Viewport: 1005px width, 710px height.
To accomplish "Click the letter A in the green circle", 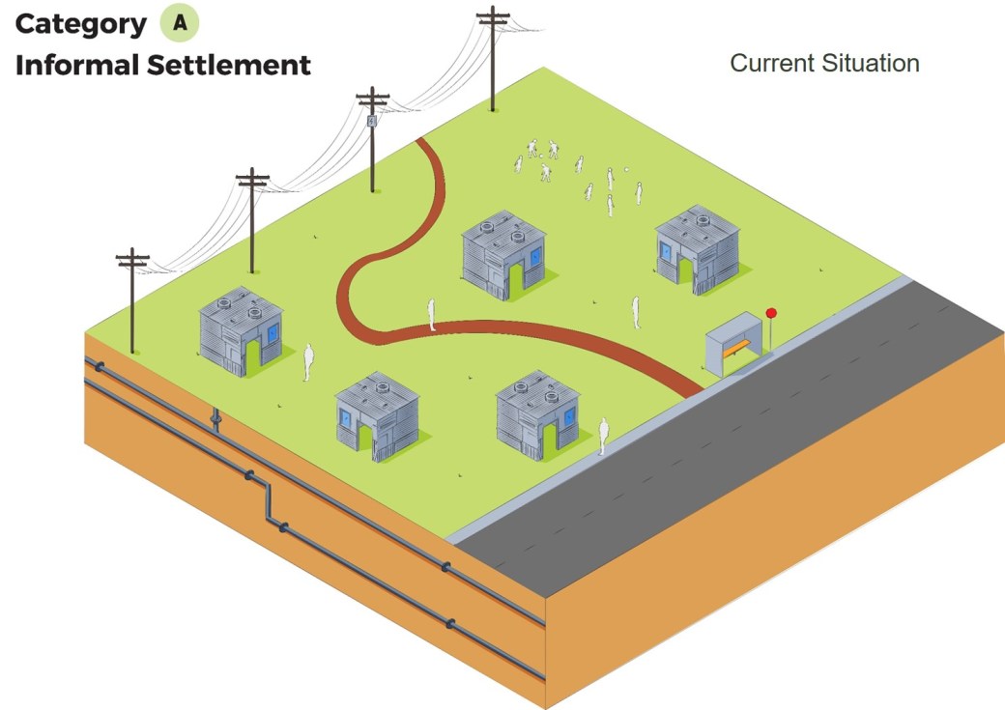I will click(x=180, y=23).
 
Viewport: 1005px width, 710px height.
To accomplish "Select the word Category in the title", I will click(x=81, y=24).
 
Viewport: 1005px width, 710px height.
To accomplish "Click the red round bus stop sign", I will click(x=771, y=313).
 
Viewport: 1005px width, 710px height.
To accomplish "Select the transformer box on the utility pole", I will click(x=372, y=122).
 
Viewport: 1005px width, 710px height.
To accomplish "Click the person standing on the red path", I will click(x=432, y=315).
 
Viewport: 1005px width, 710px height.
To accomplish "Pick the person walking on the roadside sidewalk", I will click(x=603, y=435).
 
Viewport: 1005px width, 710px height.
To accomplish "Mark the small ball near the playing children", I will click(x=627, y=171).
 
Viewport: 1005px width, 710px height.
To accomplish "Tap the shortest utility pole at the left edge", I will click(x=132, y=299).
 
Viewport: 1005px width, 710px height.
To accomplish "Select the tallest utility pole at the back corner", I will click(x=493, y=58).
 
